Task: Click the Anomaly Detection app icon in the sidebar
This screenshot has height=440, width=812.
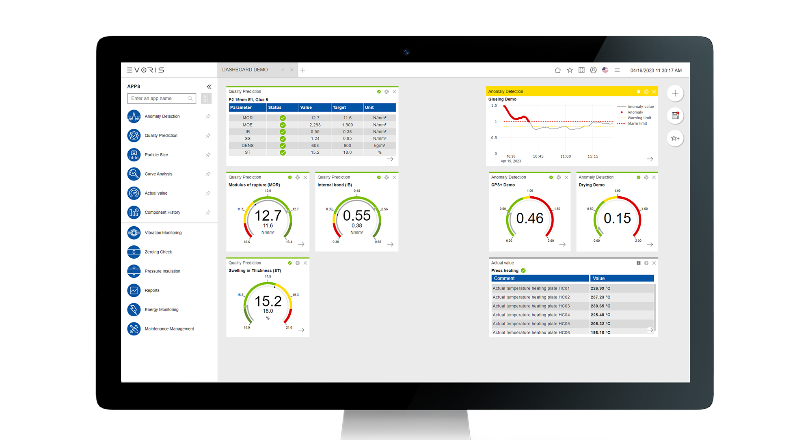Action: click(x=134, y=116)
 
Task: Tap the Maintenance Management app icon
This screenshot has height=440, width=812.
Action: click(x=134, y=329)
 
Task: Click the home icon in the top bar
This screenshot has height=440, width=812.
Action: click(x=558, y=70)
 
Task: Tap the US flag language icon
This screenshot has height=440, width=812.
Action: click(x=605, y=70)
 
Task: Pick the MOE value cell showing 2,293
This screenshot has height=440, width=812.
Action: click(x=315, y=125)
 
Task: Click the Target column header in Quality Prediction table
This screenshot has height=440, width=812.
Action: click(x=339, y=107)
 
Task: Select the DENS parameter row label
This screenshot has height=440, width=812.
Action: click(x=248, y=146)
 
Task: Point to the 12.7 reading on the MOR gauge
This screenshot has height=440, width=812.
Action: click(x=268, y=215)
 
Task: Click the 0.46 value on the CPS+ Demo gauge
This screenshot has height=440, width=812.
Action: click(x=530, y=218)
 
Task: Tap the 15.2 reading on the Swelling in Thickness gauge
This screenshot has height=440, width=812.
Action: click(x=268, y=301)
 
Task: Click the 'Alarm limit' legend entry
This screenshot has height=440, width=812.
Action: click(x=637, y=124)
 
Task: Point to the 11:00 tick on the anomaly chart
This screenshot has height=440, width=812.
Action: click(x=566, y=156)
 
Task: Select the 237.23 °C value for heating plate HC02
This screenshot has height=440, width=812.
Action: click(x=600, y=297)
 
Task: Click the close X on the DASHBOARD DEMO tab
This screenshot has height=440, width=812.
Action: click(x=292, y=70)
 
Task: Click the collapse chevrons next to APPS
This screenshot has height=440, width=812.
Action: click(x=209, y=86)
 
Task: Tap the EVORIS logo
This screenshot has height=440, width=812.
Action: click(x=146, y=70)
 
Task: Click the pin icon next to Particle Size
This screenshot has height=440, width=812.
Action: click(x=208, y=155)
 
